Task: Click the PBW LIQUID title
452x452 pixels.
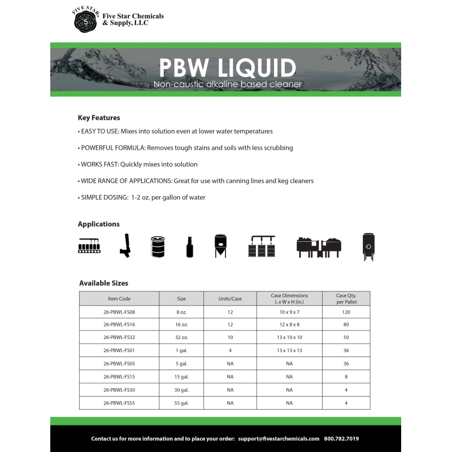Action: tap(227, 68)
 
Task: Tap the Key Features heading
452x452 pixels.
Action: tap(99, 118)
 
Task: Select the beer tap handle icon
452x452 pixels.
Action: tap(124, 246)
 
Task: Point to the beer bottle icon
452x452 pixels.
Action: tap(190, 247)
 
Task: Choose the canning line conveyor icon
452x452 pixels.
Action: tap(90, 246)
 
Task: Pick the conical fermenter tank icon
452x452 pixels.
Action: tap(220, 246)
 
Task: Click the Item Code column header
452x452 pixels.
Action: tap(119, 298)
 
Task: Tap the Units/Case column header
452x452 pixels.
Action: tap(230, 298)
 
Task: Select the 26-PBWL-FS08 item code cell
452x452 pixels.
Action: tap(119, 311)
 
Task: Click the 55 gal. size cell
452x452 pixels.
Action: tap(181, 403)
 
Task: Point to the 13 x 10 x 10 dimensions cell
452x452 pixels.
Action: tap(289, 337)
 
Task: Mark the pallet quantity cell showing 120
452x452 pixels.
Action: tap(346, 311)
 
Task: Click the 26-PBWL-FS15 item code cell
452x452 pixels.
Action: tap(119, 376)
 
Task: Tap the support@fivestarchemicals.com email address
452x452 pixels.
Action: tap(279, 438)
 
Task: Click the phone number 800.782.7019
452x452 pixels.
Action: tap(341, 438)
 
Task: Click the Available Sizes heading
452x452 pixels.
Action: tap(103, 283)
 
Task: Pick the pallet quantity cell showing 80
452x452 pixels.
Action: tap(346, 324)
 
